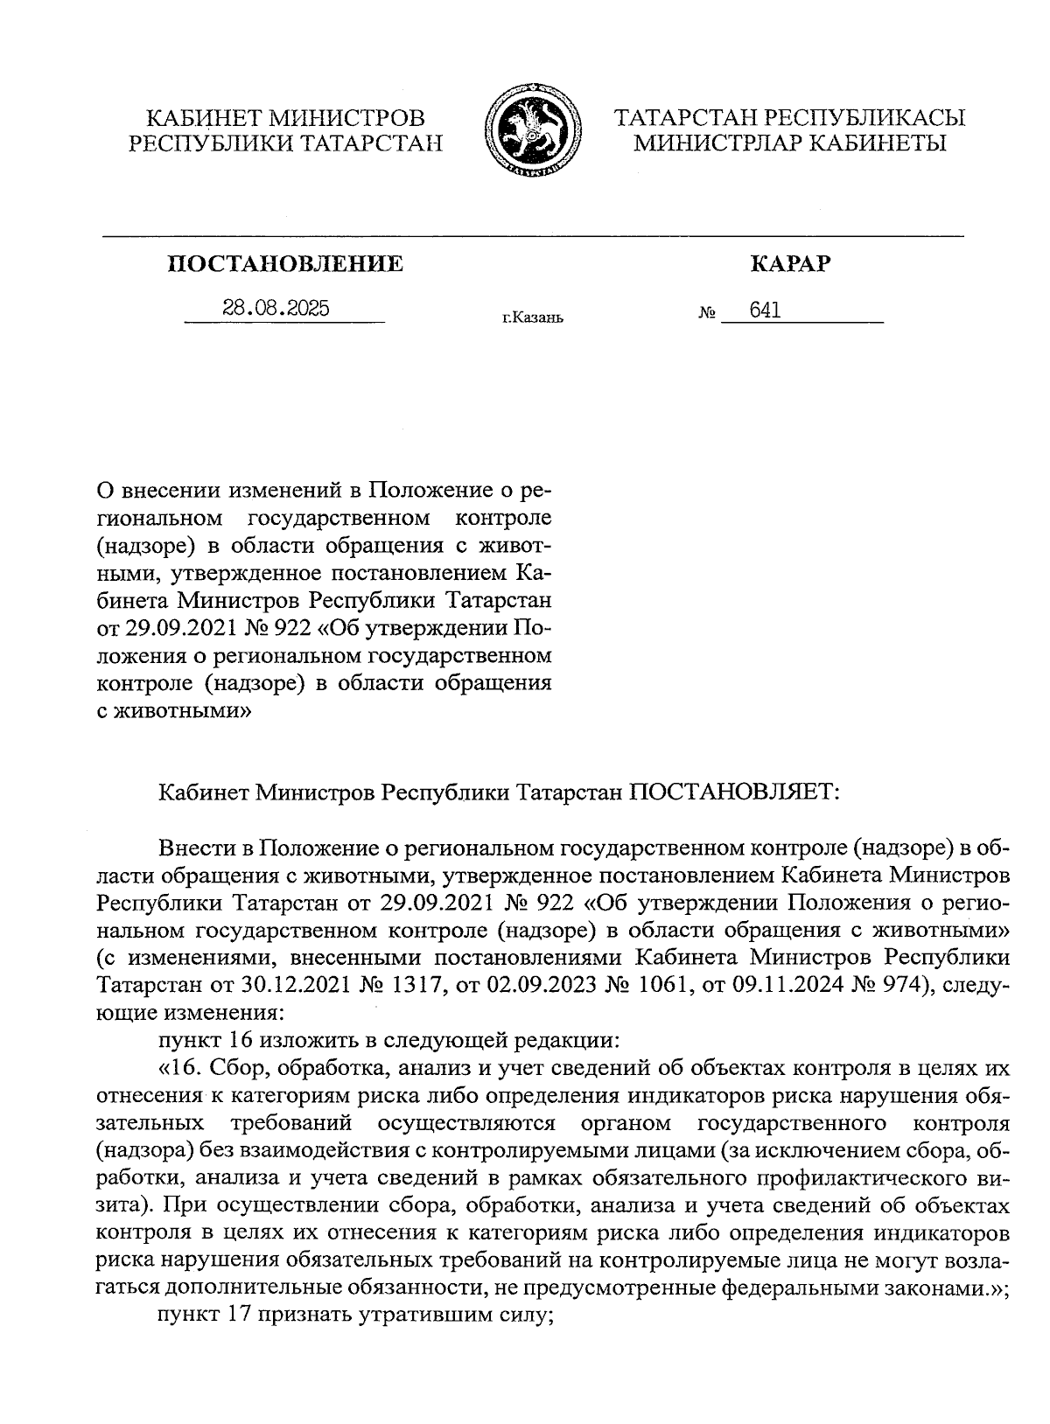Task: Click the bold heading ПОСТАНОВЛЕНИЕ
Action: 286,263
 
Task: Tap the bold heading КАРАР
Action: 790,263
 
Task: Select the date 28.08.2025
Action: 276,309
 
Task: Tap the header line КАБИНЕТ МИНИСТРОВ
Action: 285,117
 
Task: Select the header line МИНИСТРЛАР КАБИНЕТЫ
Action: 790,143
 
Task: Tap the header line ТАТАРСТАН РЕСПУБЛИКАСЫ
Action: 790,117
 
